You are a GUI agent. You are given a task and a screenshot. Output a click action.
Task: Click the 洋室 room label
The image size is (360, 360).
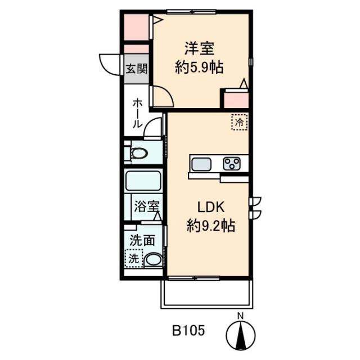click(x=199, y=48)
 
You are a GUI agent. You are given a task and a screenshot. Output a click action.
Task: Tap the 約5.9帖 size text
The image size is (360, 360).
click(x=199, y=67)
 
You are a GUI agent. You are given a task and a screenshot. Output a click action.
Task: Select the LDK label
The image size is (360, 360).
click(x=211, y=208)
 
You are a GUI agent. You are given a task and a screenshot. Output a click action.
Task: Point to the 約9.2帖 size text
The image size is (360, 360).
click(x=210, y=226)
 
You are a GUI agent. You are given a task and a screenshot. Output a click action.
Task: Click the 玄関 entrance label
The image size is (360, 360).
click(x=137, y=69)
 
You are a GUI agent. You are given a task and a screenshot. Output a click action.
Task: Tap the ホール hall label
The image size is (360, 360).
click(x=137, y=113)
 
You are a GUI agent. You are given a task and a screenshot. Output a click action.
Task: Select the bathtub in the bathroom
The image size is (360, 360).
click(x=143, y=181)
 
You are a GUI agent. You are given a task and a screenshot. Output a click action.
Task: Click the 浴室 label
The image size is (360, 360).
click(x=147, y=206)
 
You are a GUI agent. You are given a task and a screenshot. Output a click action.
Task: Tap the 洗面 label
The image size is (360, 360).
click(x=142, y=240)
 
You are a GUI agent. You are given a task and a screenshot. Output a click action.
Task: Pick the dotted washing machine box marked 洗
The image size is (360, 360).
click(x=134, y=258)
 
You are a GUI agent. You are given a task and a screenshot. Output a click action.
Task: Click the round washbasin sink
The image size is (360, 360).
click(x=154, y=260)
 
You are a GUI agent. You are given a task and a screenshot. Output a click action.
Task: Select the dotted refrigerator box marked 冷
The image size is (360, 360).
click(x=240, y=123)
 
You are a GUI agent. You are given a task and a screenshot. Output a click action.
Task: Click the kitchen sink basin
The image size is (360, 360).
click(x=201, y=164)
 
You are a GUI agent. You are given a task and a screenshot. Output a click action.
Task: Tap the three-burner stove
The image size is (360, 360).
click(x=232, y=164)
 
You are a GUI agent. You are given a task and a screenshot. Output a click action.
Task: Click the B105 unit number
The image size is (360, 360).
click(x=188, y=331)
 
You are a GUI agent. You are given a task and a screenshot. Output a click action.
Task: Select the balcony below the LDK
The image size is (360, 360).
click(x=207, y=294)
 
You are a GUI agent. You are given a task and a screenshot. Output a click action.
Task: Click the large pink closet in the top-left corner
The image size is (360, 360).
click(x=136, y=28)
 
